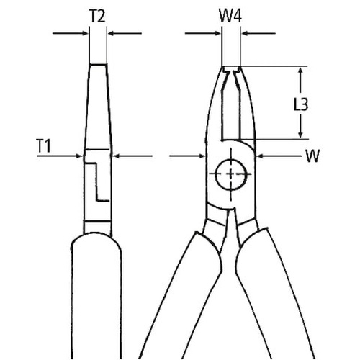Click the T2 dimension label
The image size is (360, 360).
tap(97, 17)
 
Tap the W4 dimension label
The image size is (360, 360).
tap(230, 16)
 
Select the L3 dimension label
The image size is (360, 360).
tap(301, 104)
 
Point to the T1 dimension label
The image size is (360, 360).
tap(44, 146)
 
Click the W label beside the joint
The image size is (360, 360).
tap(312, 156)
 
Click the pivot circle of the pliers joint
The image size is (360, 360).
tap(231, 174)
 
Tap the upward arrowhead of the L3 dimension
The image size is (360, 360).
tap(300, 71)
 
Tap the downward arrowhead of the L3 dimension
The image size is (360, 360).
tap(300, 134)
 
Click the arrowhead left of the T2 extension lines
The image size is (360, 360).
tap(85, 33)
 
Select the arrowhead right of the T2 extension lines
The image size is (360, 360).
tap(111, 33)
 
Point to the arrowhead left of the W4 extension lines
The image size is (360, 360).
tap(217, 33)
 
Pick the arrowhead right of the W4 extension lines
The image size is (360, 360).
tap(245, 33)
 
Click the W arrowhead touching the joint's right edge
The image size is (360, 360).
tap(260, 156)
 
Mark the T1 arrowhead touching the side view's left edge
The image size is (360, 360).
tap(79, 156)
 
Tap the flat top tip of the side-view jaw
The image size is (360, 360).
tap(98, 65)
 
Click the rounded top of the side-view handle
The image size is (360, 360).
tap(96, 234)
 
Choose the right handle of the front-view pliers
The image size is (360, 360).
tap(276, 295)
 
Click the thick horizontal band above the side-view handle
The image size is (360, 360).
tap(97, 221)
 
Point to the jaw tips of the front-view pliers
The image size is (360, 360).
tap(231, 70)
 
